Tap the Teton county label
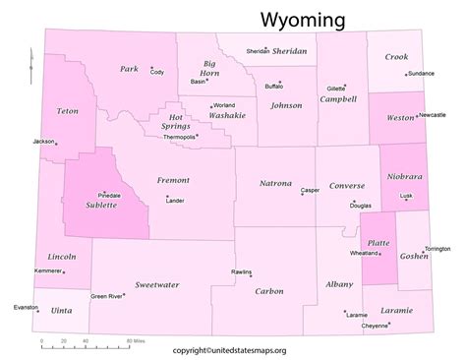(68, 110)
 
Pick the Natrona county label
(275, 183)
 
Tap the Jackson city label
(42, 141)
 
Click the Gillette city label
(336, 88)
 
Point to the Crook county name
(397, 57)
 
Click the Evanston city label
(25, 307)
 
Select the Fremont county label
(173, 180)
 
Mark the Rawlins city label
(241, 271)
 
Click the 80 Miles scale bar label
(135, 340)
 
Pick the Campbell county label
(338, 99)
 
